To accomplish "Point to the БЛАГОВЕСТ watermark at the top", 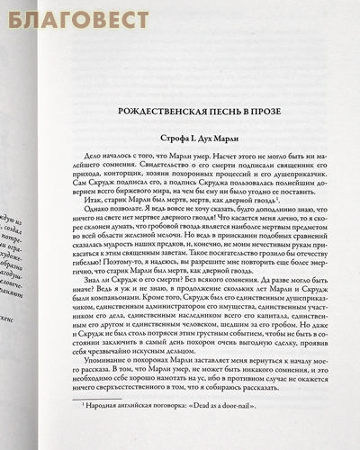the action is point(65,12).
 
